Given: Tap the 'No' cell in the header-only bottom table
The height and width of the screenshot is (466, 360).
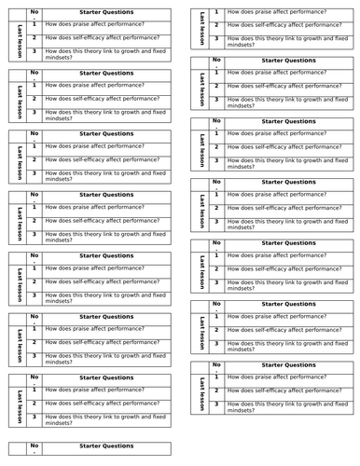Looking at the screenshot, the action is [x=35, y=446].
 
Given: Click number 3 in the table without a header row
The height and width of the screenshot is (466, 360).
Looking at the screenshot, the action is [x=216, y=40].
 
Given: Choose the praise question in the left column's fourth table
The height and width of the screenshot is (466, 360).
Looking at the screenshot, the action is [x=94, y=207].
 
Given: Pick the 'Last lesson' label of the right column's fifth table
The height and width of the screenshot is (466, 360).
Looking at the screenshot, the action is [x=200, y=266].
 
